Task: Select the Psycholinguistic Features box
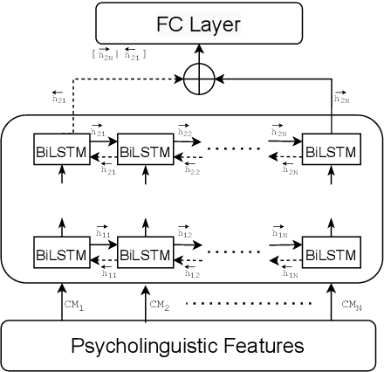pyautogui.click(x=192, y=345)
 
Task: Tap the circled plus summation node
pyautogui.click(x=201, y=79)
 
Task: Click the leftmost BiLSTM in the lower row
pyautogui.click(x=59, y=255)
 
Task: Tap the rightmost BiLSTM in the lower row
pyautogui.click(x=330, y=255)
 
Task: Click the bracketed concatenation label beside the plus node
pyautogui.click(x=120, y=55)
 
